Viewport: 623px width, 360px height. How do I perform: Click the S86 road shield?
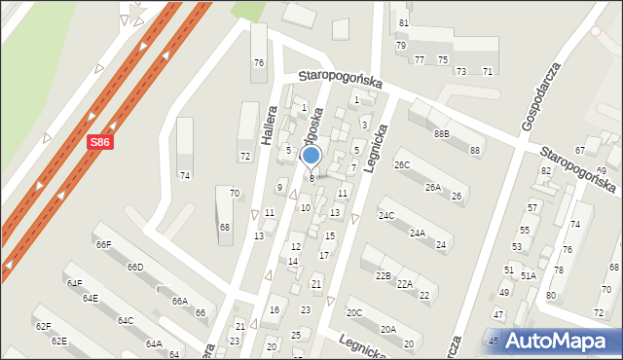coord(98,142)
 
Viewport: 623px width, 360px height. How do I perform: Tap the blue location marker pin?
coord(311,157)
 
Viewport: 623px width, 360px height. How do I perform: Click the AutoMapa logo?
coord(553,341)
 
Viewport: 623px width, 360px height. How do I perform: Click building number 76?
coord(258,63)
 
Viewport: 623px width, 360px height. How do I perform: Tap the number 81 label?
coord(404,23)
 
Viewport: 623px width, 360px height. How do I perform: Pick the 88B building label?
coord(442,133)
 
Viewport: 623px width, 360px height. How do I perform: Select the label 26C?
coord(402,165)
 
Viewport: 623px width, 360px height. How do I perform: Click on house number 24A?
coord(418,234)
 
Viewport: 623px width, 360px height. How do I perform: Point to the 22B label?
coord(384,276)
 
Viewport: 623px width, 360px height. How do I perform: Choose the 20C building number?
coord(354,313)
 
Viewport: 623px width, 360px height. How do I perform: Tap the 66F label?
coord(104,244)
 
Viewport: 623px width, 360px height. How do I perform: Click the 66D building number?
coord(134,268)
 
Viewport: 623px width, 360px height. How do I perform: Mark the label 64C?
coord(126,320)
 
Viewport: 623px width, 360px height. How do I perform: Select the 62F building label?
coord(43,327)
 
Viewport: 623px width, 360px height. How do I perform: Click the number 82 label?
coord(546,171)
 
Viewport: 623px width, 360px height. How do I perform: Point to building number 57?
coord(532,208)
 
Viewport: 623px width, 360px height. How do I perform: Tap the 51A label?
coord(529,276)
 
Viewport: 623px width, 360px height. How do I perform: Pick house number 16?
coord(275,310)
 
